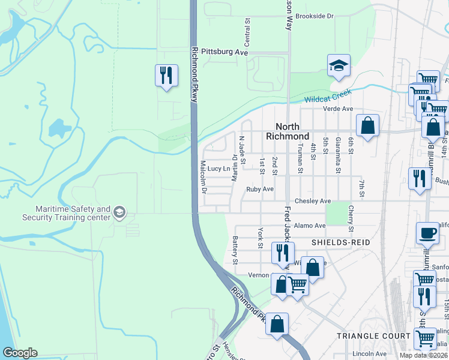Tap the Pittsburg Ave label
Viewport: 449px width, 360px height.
224,52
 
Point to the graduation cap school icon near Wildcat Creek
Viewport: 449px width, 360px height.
339,66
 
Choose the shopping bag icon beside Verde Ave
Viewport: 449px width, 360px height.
367,126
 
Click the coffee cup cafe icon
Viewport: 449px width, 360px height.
427,233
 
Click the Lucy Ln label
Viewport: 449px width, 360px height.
218,169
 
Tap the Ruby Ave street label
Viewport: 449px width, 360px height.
260,189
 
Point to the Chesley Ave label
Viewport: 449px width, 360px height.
312,201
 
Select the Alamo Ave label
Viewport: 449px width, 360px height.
310,226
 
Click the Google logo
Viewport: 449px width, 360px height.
20,353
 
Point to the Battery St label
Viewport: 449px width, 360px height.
235,250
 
